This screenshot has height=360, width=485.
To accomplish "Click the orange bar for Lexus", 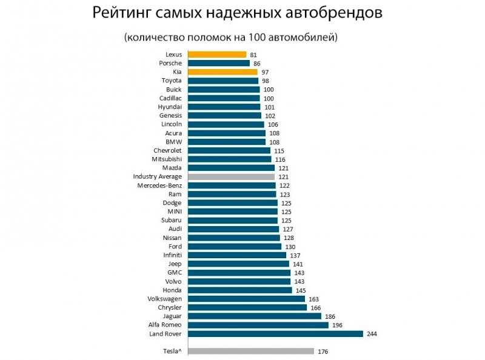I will pos(216,55).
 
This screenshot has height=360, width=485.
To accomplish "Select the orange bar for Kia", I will pos(222,72).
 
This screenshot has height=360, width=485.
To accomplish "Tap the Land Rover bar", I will pos(275,334).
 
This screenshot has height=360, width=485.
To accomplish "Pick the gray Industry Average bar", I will pos(231,176).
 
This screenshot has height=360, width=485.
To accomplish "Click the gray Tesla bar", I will pos(250,351).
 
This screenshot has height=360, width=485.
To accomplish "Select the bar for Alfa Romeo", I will pos(258,325).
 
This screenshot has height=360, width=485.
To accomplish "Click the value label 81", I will pos(253,55).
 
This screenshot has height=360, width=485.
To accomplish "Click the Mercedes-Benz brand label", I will pos(159,185).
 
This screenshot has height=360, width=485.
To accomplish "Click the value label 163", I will pos(313,299).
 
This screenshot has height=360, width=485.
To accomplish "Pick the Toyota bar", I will pos(222,81).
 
